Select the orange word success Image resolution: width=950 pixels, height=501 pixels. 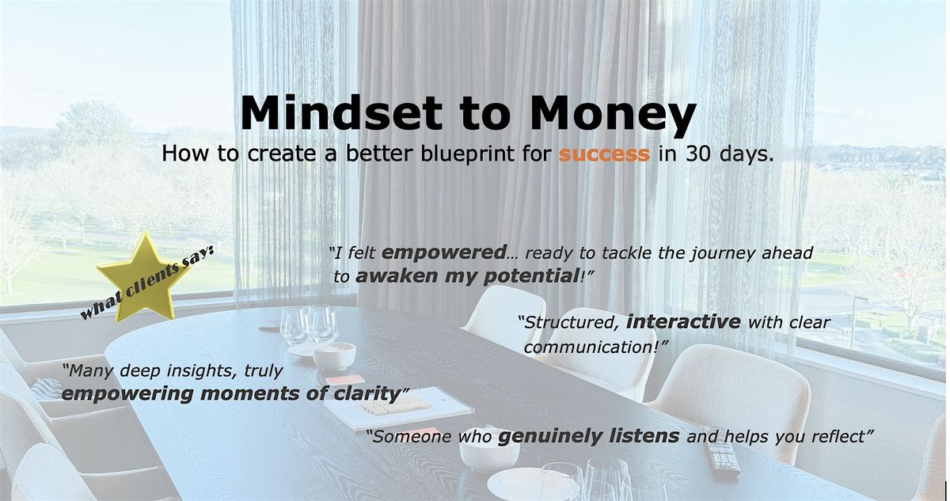(604, 154)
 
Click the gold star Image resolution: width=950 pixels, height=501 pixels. (142, 275)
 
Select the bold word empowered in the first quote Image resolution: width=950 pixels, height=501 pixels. (443, 253)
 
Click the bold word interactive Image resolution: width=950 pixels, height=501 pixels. (683, 322)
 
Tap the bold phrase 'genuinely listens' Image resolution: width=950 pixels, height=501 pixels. (588, 435)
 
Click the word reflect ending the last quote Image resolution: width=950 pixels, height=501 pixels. (846, 435)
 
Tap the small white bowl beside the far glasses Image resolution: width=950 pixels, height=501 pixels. (334, 355)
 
